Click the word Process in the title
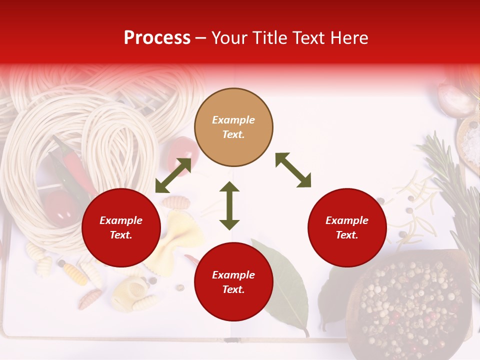157,38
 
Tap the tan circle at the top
233,127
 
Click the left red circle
121,227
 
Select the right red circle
347,227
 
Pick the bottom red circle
233,282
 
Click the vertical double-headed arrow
229,205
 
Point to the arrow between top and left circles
173,175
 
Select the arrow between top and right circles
293,170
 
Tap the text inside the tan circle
233,127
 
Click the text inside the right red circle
347,227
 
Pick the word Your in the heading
229,38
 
